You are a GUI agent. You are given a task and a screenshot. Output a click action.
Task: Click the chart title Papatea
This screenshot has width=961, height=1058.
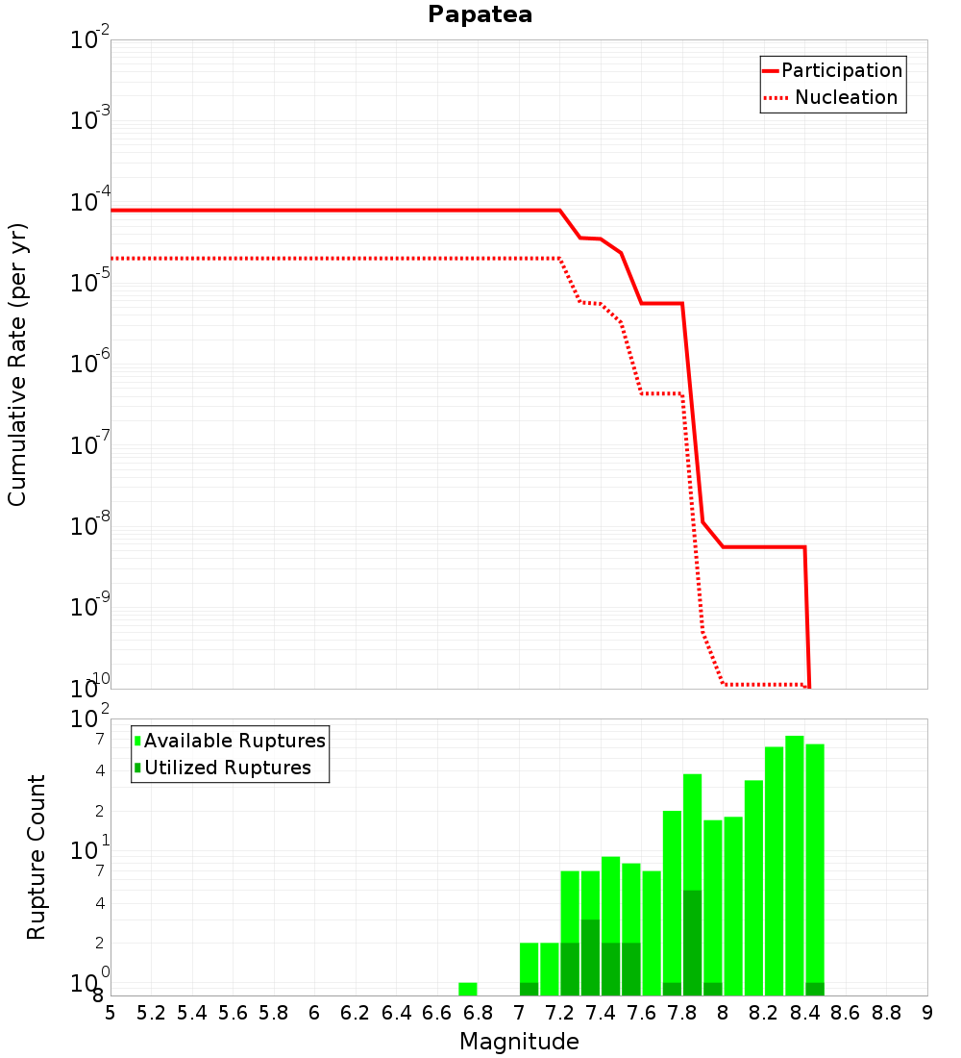pyautogui.click(x=480, y=14)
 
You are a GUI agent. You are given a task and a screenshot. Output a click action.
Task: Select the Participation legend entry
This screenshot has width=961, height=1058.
pyautogui.click(x=833, y=70)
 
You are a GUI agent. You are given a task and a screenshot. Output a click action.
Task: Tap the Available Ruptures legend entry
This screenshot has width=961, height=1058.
pyautogui.click(x=230, y=741)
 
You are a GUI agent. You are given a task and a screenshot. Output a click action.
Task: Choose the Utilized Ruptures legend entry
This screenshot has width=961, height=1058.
pyautogui.click(x=223, y=768)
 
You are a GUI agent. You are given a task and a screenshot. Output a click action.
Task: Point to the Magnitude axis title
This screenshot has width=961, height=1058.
pyautogui.click(x=519, y=1041)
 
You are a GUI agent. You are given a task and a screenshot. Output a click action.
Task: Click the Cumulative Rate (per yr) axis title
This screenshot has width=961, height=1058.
pyautogui.click(x=17, y=365)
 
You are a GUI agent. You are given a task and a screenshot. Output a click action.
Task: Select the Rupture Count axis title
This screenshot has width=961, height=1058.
pyautogui.click(x=36, y=857)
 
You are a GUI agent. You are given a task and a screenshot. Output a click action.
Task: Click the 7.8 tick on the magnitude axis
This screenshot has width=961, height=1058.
pyautogui.click(x=682, y=1013)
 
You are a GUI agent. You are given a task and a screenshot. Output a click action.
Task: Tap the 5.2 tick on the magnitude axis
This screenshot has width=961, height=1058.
pyautogui.click(x=151, y=1013)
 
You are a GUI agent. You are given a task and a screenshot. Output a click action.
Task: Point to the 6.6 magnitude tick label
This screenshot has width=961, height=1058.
pyautogui.click(x=437, y=1013)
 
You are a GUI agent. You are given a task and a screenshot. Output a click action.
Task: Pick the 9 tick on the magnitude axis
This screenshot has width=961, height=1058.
pyautogui.click(x=927, y=1013)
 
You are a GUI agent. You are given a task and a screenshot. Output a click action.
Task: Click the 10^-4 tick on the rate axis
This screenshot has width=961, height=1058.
pyautogui.click(x=89, y=200)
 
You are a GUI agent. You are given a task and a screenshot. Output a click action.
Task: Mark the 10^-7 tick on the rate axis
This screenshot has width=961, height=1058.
pyautogui.click(x=89, y=444)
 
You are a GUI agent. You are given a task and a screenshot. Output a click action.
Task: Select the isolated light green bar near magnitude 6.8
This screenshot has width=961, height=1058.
pyautogui.click(x=468, y=989)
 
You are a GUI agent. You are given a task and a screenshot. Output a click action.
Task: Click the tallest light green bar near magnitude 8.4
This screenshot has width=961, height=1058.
pyautogui.click(x=795, y=865)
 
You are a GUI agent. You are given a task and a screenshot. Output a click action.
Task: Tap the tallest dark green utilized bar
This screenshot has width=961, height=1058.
pyautogui.click(x=693, y=943)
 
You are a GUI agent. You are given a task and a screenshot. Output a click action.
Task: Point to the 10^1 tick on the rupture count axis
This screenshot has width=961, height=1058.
pyautogui.click(x=89, y=849)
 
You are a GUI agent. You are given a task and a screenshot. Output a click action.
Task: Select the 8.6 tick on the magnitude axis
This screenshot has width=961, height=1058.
pyautogui.click(x=846, y=1013)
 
